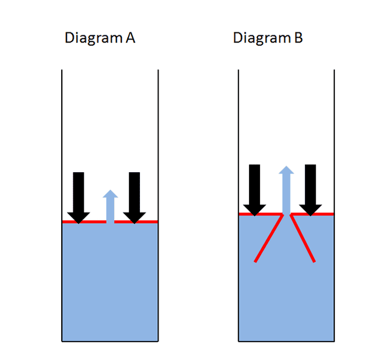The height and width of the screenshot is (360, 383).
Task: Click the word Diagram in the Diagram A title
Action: click(x=94, y=38)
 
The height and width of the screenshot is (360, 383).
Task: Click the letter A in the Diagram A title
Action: click(x=130, y=38)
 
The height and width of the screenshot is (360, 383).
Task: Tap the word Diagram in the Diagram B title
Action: click(x=262, y=38)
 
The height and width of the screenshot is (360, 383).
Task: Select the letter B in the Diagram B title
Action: click(x=298, y=38)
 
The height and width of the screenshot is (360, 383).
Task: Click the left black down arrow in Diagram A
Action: click(x=79, y=198)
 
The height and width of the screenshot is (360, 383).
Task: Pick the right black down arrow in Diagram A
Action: click(x=134, y=198)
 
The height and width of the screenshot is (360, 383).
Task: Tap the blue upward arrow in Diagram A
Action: click(x=110, y=206)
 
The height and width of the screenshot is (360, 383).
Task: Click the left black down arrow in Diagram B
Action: click(x=255, y=190)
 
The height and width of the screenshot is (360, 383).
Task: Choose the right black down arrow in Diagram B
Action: click(x=310, y=190)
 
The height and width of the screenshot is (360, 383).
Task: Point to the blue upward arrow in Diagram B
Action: click(x=286, y=190)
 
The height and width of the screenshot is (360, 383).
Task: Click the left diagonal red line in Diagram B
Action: click(x=269, y=238)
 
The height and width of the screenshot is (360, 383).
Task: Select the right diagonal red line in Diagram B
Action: click(x=303, y=238)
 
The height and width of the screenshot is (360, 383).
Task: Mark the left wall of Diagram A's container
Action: click(x=62, y=206)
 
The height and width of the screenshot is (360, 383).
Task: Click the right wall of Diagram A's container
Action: click(x=158, y=206)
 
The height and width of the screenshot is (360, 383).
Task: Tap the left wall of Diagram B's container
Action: click(x=238, y=206)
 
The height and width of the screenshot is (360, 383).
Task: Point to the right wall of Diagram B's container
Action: click(x=334, y=206)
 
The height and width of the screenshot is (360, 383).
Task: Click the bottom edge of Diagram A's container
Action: click(x=110, y=341)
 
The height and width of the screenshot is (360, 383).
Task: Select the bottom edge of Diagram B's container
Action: click(x=286, y=341)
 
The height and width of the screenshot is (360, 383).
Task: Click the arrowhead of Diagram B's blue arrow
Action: click(x=286, y=170)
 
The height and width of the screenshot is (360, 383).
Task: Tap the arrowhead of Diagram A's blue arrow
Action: click(x=110, y=194)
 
